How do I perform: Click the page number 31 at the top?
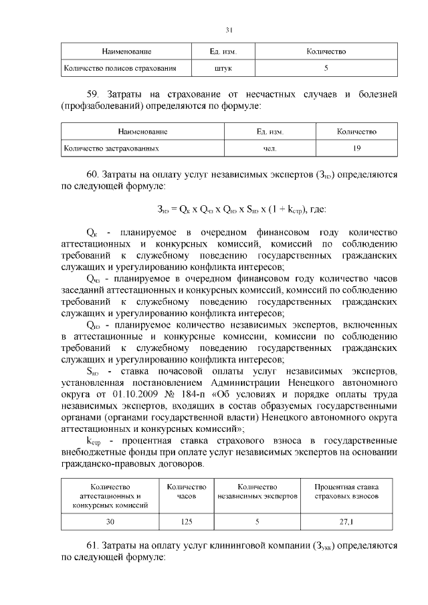tap(229, 29)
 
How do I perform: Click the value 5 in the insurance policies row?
tap(326, 68)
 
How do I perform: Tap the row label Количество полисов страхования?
tap(120, 68)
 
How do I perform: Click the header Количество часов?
tap(187, 492)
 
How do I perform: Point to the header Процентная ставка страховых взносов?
tap(347, 492)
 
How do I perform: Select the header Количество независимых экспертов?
tap(257, 492)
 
